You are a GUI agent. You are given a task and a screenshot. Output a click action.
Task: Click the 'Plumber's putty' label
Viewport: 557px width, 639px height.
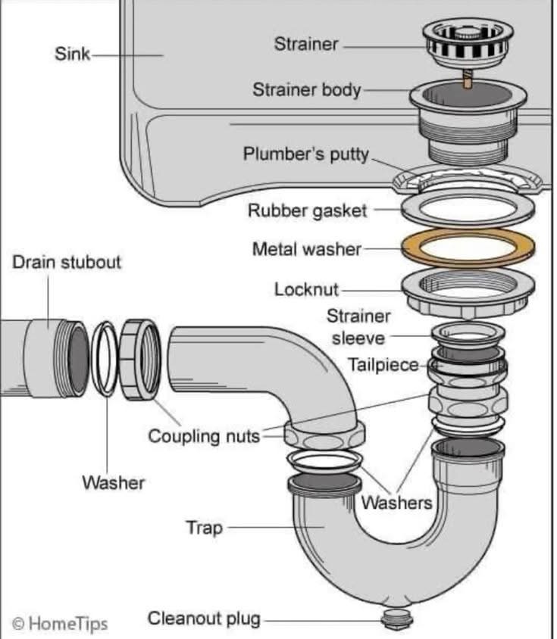(305, 154)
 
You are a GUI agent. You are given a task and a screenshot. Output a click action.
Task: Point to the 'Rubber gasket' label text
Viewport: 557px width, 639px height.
(307, 210)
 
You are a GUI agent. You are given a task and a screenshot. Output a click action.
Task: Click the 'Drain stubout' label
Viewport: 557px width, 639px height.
(67, 262)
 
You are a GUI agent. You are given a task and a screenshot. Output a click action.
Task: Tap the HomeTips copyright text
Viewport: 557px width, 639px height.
(60, 623)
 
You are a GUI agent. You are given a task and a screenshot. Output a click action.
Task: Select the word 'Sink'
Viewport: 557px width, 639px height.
(72, 55)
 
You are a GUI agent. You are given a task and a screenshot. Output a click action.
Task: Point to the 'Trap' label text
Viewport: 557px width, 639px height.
(205, 527)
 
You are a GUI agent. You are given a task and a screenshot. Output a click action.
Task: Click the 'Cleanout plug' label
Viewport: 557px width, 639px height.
(204, 619)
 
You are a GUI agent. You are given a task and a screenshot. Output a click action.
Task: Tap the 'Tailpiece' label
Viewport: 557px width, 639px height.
(383, 365)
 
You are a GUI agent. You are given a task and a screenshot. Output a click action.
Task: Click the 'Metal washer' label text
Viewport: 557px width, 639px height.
(307, 248)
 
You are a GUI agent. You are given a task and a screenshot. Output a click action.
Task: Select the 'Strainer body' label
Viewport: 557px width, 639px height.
(307, 89)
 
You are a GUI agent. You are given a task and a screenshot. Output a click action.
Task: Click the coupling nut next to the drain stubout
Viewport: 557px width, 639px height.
(139, 359)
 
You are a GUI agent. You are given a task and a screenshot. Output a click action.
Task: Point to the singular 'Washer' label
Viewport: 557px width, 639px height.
(113, 482)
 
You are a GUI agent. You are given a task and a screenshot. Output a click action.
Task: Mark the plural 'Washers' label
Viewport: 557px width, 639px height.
(396, 502)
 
